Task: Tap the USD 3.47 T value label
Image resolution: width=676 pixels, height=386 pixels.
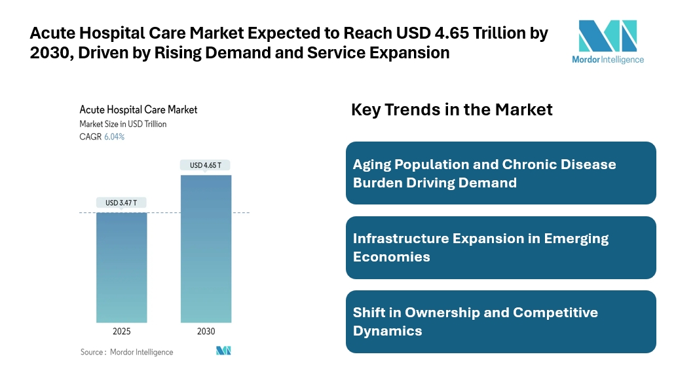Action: click(121, 203)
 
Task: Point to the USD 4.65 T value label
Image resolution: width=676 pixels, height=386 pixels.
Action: click(206, 165)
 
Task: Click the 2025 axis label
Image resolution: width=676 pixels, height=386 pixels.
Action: click(122, 332)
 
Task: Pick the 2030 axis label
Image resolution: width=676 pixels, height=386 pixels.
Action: click(206, 332)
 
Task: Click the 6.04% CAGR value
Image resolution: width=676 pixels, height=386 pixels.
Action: click(114, 137)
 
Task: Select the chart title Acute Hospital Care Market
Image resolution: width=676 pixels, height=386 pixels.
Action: click(138, 109)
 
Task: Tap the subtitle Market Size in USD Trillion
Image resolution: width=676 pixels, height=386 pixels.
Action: click(123, 124)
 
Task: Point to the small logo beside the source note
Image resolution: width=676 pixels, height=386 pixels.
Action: click(223, 351)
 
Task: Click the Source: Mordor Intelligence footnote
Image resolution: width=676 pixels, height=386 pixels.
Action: click(127, 352)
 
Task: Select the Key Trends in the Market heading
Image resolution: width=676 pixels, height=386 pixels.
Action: click(452, 109)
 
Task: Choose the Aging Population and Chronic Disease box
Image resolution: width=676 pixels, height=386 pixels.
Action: click(500, 173)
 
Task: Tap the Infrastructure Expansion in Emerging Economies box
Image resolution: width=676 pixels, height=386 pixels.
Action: click(500, 248)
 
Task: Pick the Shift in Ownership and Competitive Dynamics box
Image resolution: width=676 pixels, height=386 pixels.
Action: click(500, 322)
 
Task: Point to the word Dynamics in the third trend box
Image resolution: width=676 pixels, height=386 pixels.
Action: click(387, 331)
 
